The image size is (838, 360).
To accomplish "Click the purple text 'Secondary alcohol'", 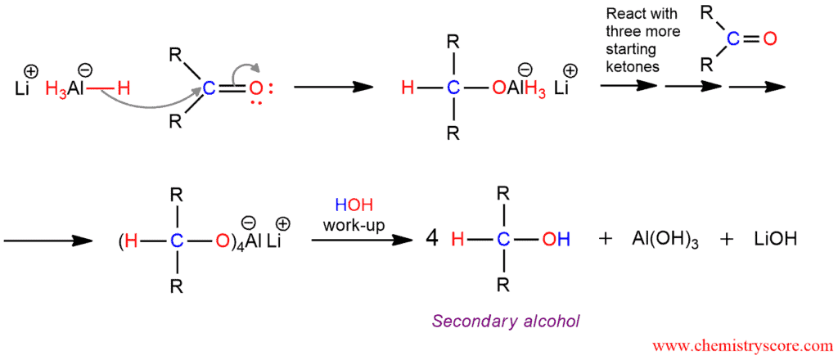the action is (x=506, y=322).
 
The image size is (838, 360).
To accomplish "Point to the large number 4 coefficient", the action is (x=432, y=239).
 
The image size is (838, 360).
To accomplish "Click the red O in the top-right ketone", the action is (x=768, y=39).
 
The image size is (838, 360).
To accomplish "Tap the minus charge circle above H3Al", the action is (x=83, y=69).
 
